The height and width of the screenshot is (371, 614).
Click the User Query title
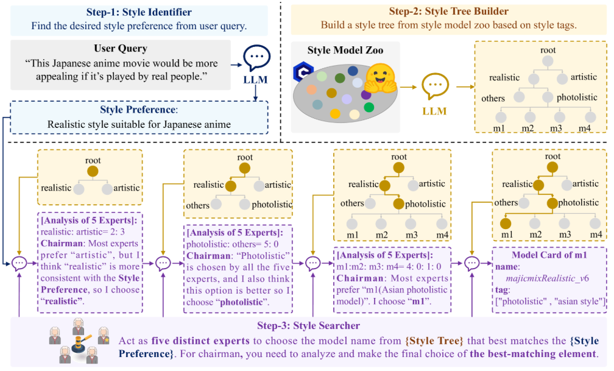[x=121, y=49]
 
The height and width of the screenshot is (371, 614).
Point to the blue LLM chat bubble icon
[x=256, y=58]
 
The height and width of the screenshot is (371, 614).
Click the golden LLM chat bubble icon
[x=434, y=87]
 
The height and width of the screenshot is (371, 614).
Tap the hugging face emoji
[x=381, y=79]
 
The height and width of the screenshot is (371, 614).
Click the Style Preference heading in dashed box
[x=138, y=110]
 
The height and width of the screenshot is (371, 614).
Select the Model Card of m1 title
[x=548, y=255]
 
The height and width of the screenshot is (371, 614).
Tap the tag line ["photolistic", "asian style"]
[x=549, y=301]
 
